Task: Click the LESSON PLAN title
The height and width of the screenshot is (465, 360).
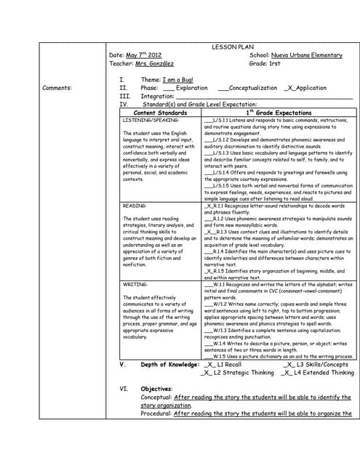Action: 230,45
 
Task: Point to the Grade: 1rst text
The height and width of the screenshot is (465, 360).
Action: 265,64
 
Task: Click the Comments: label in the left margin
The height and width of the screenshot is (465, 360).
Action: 57,88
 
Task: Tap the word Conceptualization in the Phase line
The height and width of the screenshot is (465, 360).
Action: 253,88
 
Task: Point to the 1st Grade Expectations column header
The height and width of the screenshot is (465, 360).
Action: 279,113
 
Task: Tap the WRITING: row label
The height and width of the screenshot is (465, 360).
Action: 135,284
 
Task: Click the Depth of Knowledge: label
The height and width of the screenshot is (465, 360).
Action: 169,364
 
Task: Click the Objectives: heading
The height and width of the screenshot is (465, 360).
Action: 156,389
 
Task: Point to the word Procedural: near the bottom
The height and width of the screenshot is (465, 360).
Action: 156,413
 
